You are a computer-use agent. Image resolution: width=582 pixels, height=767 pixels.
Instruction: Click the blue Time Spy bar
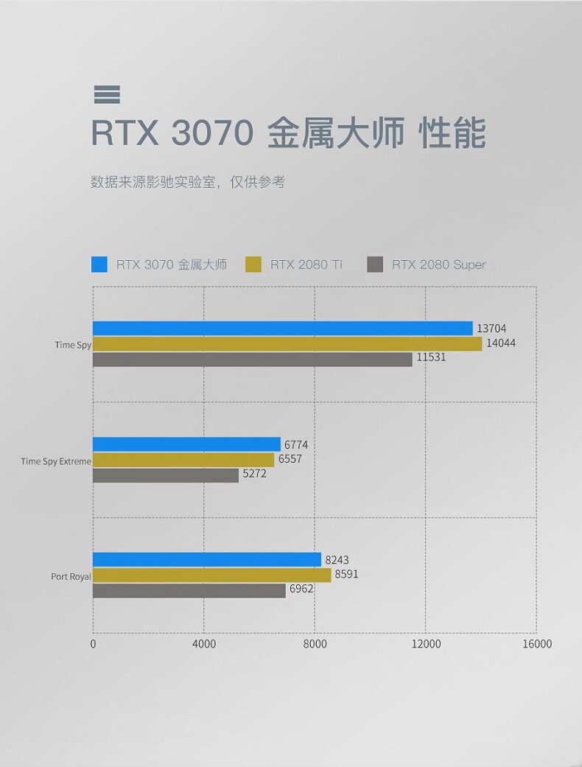(x=282, y=328)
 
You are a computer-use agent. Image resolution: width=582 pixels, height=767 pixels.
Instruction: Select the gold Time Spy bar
(x=287, y=344)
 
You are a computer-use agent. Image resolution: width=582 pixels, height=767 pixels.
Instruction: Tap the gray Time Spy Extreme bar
(x=166, y=475)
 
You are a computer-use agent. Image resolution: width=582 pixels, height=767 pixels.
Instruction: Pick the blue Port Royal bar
(x=207, y=560)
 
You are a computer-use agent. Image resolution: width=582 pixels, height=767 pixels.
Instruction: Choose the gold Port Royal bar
(x=212, y=575)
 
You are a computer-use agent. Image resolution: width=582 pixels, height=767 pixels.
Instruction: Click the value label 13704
(x=491, y=329)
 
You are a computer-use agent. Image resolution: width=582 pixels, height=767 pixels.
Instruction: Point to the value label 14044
(x=500, y=343)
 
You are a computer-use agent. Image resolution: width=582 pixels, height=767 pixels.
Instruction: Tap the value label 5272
(x=254, y=474)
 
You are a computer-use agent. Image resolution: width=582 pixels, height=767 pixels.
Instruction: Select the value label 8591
(x=346, y=574)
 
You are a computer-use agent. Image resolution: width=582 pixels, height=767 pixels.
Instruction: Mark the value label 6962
(x=301, y=589)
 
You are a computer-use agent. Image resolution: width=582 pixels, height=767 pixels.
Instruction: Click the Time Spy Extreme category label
(x=56, y=461)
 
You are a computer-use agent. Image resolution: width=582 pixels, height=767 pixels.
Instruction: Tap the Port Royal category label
(x=71, y=576)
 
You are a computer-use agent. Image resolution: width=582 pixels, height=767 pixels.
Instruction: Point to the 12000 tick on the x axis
(x=426, y=644)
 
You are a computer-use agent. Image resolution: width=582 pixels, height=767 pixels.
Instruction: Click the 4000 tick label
(x=204, y=644)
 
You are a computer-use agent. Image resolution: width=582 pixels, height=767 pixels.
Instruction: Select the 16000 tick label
(x=536, y=644)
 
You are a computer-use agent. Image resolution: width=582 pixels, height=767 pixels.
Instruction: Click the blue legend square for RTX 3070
(x=99, y=265)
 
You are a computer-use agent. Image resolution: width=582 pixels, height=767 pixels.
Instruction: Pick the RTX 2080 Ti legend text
(x=306, y=265)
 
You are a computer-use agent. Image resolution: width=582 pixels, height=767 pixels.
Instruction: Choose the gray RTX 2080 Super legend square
(x=375, y=265)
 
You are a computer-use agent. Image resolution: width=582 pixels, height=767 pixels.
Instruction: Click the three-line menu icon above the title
(x=107, y=94)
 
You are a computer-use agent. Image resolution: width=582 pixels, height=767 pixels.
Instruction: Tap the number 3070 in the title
(x=212, y=134)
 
